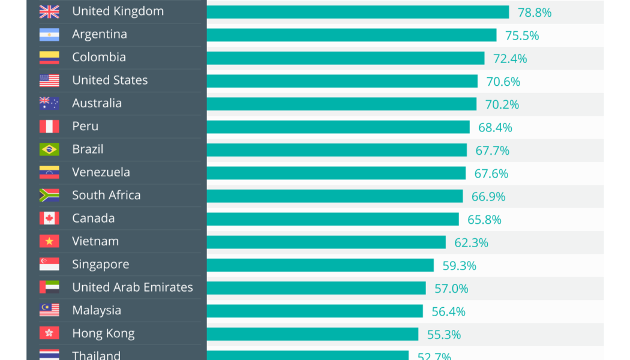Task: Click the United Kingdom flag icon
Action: pos(49,11)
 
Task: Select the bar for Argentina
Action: pos(352,35)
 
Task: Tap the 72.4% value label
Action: pos(510,59)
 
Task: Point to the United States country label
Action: pos(110,80)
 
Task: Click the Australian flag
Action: pos(49,103)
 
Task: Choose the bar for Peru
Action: pos(338,127)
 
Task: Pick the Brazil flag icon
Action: pos(49,149)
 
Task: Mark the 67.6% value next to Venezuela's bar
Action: pos(491,173)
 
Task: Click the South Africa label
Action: pos(106,196)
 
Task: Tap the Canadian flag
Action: pos(49,218)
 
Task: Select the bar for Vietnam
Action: pos(326,242)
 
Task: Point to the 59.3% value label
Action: pos(460,265)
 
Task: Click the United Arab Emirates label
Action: pos(133,287)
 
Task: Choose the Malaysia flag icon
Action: pos(49,310)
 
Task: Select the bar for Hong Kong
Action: pos(313,334)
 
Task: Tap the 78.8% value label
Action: pos(535,13)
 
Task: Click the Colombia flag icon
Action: pos(49,58)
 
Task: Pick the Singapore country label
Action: pos(101,265)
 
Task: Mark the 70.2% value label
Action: pos(502,104)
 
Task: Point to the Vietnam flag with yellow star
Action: pos(49,241)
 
